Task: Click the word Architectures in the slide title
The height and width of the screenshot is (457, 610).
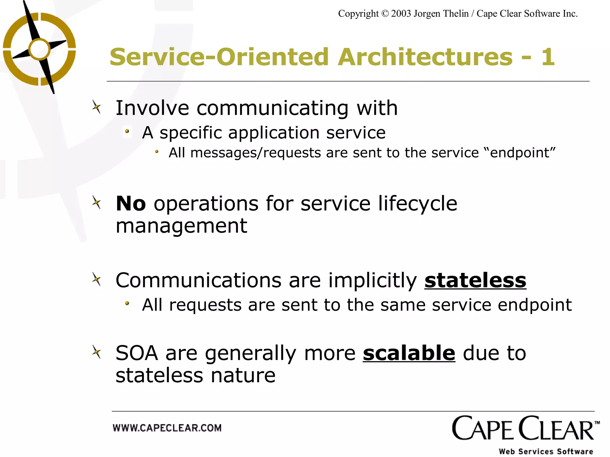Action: (x=425, y=57)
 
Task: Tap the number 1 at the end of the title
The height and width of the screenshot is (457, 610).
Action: (x=547, y=57)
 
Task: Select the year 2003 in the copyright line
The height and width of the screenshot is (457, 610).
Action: (x=401, y=14)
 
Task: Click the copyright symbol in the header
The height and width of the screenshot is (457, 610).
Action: (x=385, y=14)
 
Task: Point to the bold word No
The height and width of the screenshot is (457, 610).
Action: (x=131, y=204)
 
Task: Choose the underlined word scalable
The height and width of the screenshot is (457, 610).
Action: (x=409, y=353)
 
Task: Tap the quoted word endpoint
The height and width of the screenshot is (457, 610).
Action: (x=523, y=153)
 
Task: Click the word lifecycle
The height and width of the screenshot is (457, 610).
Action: (x=418, y=204)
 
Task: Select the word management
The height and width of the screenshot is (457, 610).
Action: (x=181, y=226)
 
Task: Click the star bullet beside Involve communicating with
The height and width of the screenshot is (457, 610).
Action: (x=97, y=107)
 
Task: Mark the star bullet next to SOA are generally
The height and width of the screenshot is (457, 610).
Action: (x=97, y=353)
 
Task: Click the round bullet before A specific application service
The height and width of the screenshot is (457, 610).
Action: (x=127, y=132)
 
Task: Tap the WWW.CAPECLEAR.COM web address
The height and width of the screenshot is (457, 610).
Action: (x=167, y=428)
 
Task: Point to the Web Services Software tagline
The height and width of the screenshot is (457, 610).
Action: (x=546, y=451)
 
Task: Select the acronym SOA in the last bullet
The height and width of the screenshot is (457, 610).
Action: (x=137, y=353)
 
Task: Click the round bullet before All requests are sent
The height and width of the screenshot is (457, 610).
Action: (x=127, y=303)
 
